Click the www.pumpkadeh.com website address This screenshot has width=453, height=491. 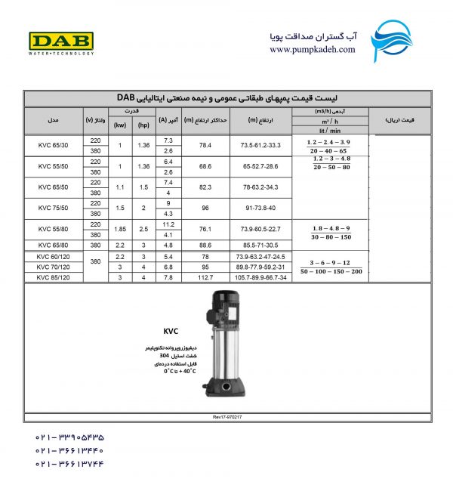click(312, 49)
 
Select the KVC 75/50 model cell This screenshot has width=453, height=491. click(53, 208)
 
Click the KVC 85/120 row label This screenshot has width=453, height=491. click(53, 277)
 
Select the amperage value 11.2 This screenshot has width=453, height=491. click(168, 224)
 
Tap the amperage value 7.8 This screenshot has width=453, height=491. click(168, 277)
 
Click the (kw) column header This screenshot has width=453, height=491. click(119, 126)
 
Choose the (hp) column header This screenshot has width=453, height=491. click(143, 126)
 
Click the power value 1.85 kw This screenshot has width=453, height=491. click(119, 229)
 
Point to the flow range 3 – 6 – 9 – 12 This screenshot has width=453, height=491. click(331, 261)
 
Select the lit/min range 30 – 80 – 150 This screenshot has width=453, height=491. click(331, 236)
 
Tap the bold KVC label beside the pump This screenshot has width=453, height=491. click(170, 330)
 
